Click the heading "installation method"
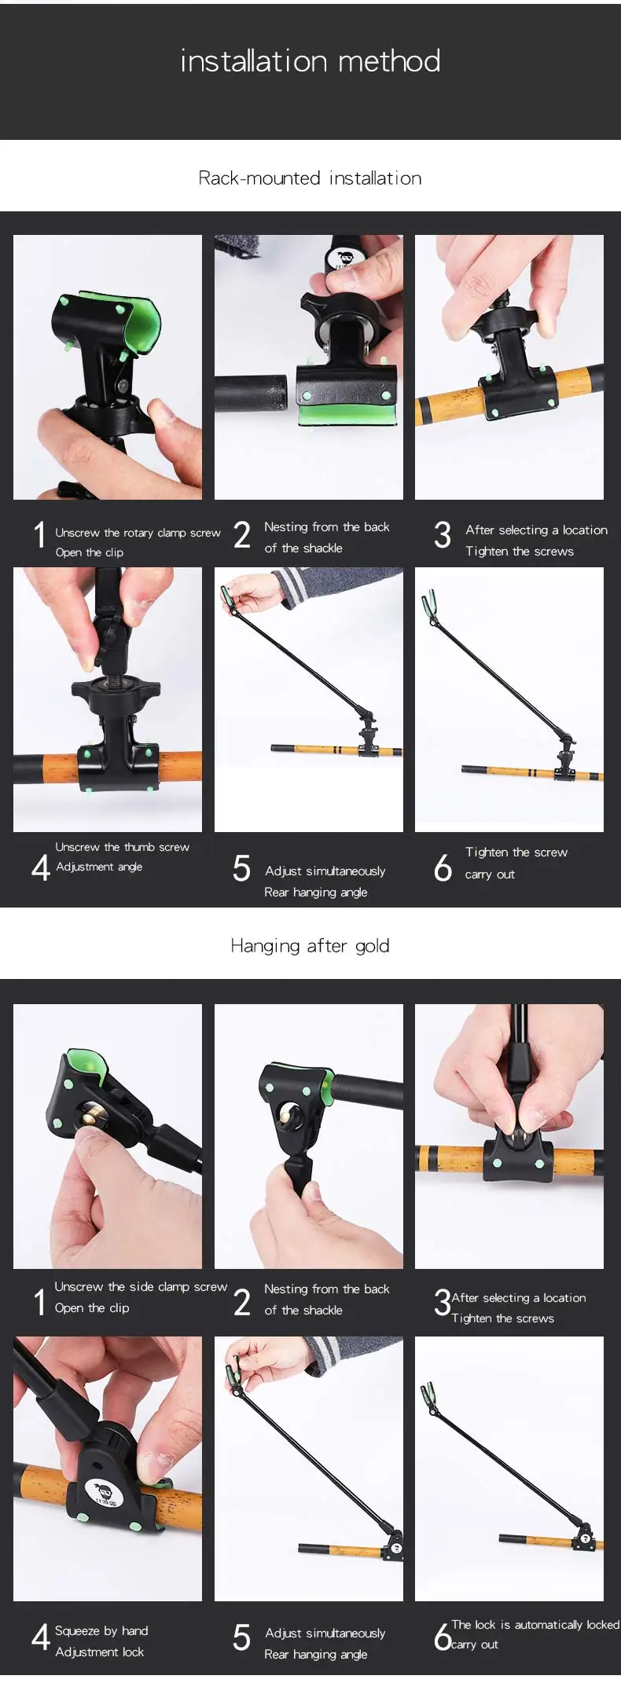coord(310,61)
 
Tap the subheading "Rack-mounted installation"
coord(310,178)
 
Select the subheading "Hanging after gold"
coord(310,946)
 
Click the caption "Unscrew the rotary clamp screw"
coord(138,533)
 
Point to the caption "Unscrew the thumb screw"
coord(122,847)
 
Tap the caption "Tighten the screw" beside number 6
coord(516,852)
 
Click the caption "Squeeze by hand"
coord(101,1631)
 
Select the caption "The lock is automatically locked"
coord(535,1625)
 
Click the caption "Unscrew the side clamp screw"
coord(141,1287)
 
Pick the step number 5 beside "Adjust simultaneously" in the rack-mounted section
coord(241,868)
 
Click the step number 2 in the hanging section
coord(242,1303)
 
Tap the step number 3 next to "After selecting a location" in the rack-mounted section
coord(443,535)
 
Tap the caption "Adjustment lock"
coord(100,1652)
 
